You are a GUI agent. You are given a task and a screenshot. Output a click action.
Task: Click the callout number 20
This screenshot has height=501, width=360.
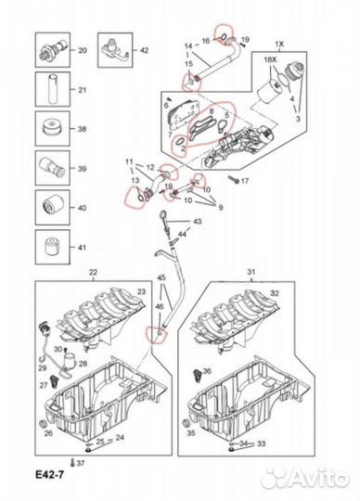click(x=83, y=50)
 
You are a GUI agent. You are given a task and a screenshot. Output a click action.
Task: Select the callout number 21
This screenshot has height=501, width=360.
click(x=83, y=90)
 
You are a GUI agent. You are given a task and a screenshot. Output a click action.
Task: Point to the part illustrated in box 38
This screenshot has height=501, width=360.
click(x=52, y=128)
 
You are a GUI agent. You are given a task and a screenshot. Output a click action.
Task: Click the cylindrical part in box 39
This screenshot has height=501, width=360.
click(x=52, y=168)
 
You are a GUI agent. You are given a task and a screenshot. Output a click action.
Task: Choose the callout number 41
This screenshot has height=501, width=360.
click(x=83, y=248)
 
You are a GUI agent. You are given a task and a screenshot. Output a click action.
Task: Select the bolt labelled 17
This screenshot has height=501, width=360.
click(x=234, y=181)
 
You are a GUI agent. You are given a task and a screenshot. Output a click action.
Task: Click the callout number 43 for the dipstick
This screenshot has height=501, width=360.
click(x=198, y=221)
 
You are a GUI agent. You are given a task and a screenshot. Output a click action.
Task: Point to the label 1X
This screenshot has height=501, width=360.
click(x=279, y=45)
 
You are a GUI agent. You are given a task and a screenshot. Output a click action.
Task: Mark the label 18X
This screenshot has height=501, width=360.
click(x=270, y=59)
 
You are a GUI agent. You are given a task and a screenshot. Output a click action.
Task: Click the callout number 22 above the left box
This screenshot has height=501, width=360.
click(x=93, y=272)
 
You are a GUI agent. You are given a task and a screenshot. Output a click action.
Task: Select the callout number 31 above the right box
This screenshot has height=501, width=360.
click(x=251, y=272)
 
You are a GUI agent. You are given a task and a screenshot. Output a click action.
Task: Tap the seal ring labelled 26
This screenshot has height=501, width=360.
click(x=42, y=424)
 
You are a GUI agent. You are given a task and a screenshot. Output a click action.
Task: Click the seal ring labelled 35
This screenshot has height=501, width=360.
click(x=185, y=423)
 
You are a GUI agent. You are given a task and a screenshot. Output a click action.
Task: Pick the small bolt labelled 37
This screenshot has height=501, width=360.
click(x=72, y=462)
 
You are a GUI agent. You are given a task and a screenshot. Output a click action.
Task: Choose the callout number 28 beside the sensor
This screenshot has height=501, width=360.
click(x=83, y=364)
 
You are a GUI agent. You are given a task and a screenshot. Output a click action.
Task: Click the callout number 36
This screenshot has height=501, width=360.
click(x=207, y=370)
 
